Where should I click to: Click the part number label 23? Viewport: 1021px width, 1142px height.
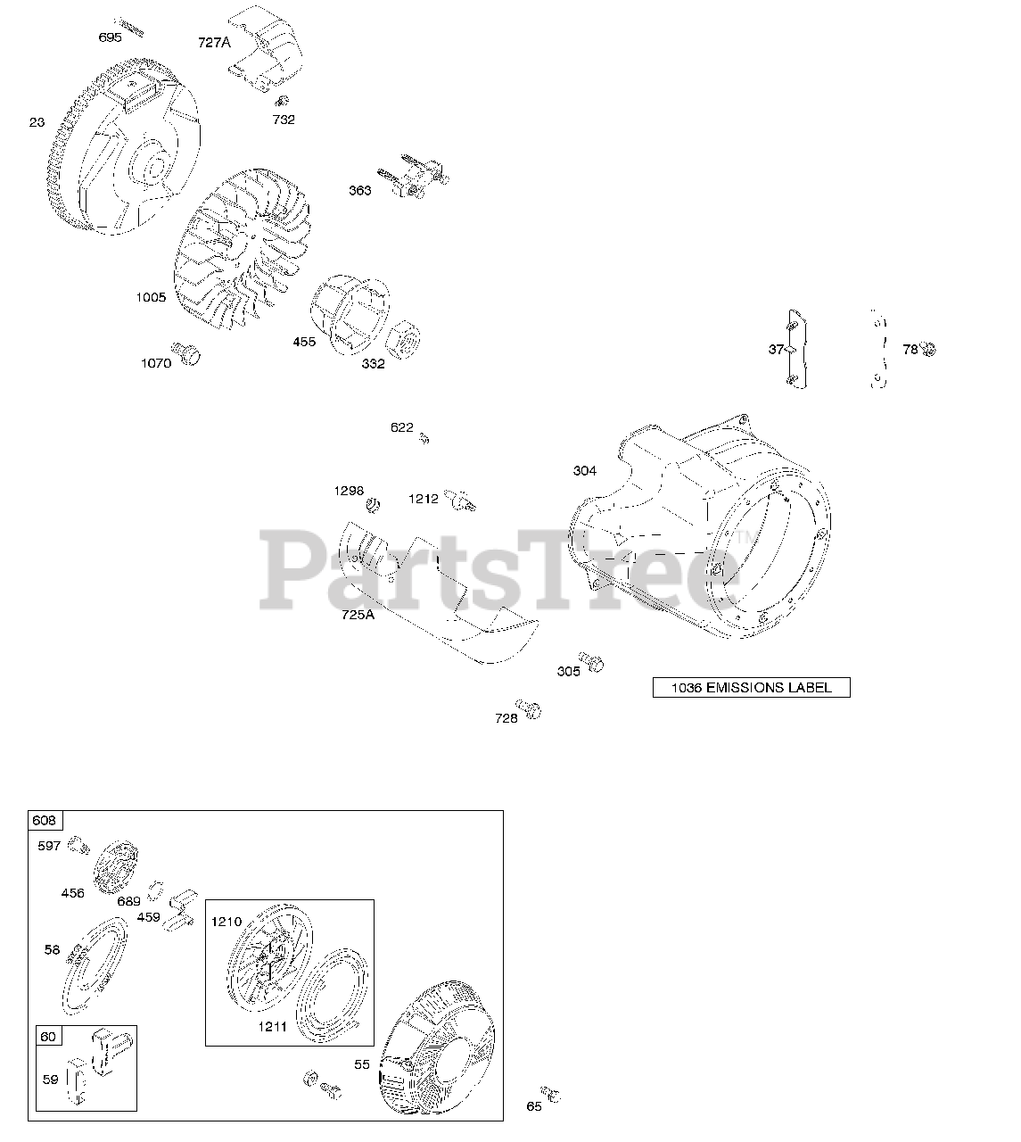37,122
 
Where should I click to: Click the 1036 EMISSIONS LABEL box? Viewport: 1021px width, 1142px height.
751,688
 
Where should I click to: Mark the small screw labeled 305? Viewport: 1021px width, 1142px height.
592,660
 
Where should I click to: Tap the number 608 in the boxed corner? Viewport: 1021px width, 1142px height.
44,820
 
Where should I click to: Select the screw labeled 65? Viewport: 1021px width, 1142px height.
553,1094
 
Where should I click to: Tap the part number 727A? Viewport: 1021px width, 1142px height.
215,42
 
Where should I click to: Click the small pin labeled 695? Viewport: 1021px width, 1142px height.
132,24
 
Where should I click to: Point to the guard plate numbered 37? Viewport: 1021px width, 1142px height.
795,350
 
